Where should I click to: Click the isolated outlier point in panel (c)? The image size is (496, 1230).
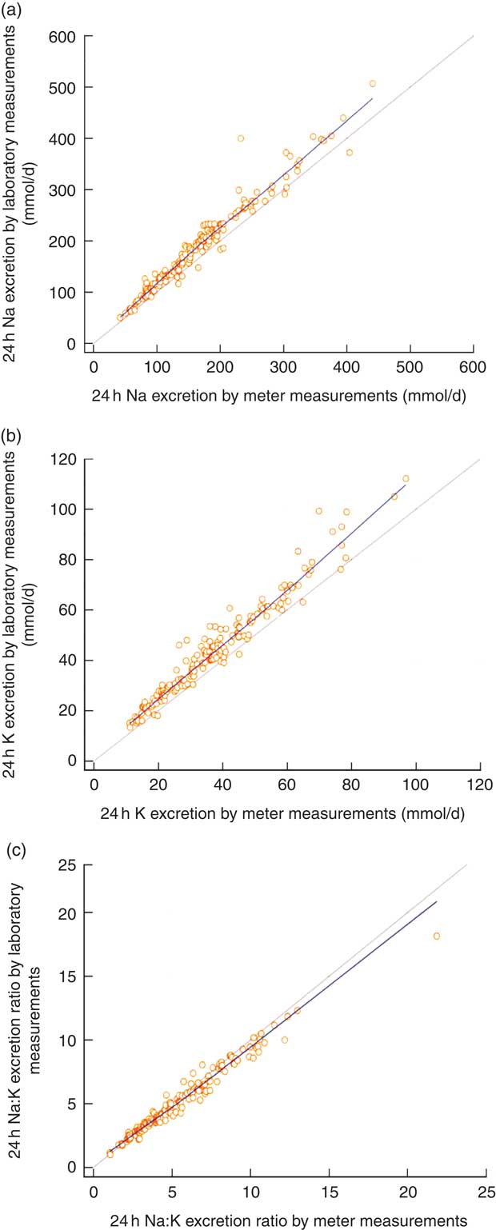[436, 936]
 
